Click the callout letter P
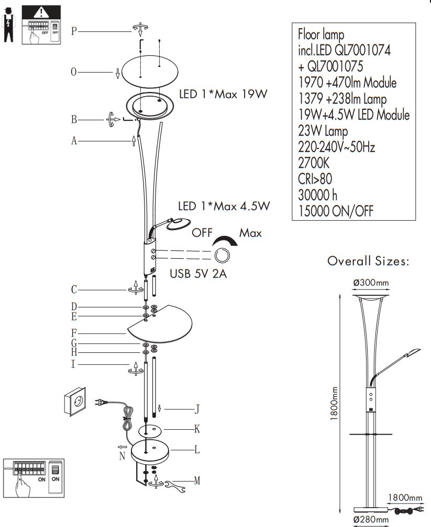point(74,31)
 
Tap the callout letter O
point(74,72)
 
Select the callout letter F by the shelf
point(74,332)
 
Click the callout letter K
point(197,429)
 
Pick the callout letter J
point(197,409)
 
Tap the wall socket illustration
point(74,402)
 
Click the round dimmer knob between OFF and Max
point(222,256)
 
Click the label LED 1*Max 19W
point(224,95)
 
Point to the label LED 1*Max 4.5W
point(224,206)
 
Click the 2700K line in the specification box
point(314,163)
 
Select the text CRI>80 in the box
point(315,179)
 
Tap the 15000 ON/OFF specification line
point(336,211)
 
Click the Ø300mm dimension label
point(371,283)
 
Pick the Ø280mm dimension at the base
point(371,519)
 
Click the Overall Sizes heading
point(368,261)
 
